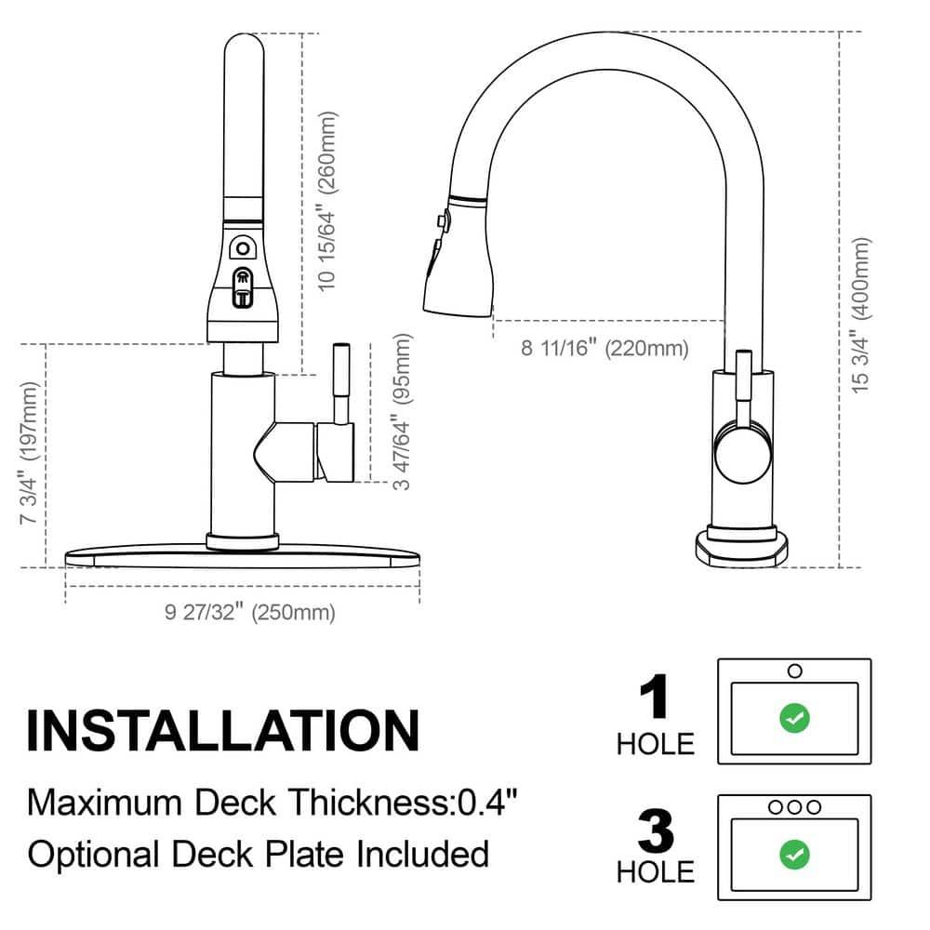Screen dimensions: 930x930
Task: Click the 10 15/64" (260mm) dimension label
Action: click(326, 202)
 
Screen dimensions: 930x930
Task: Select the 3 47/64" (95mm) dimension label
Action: click(402, 405)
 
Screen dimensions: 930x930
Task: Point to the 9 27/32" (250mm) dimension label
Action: click(250, 612)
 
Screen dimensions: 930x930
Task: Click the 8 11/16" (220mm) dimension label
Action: click(604, 349)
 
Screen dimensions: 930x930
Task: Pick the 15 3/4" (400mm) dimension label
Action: click(862, 313)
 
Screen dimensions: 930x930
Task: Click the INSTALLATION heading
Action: click(222, 730)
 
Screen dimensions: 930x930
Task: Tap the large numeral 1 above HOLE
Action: click(656, 698)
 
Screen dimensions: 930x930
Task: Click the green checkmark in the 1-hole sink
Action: click(794, 717)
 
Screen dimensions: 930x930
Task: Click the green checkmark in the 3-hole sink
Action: click(794, 853)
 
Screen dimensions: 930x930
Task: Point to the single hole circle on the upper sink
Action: click(794, 671)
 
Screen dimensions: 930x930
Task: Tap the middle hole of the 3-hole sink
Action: click(794, 807)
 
